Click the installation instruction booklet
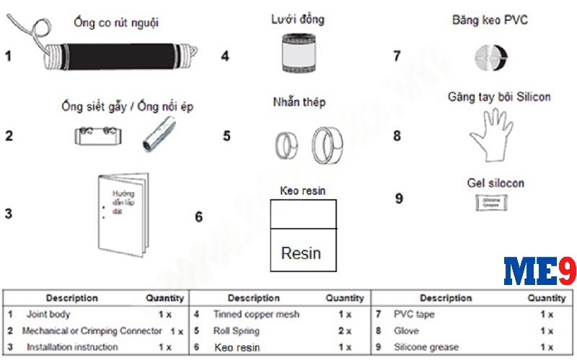[123, 213]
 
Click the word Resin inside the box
[301, 253]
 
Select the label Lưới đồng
[299, 19]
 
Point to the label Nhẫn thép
[299, 102]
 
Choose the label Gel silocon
[495, 183]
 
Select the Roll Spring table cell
[237, 331]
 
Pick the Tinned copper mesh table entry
[256, 315]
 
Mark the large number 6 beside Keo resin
[199, 216]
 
